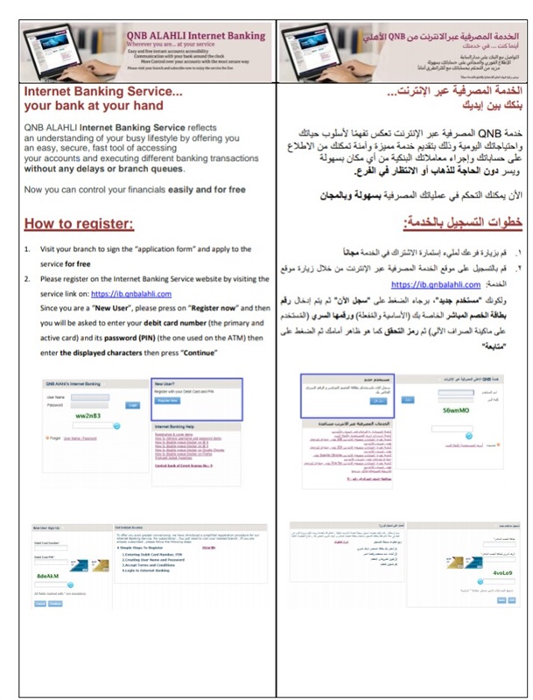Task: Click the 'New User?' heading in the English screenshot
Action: (x=167, y=383)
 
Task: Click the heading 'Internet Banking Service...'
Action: (x=103, y=91)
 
